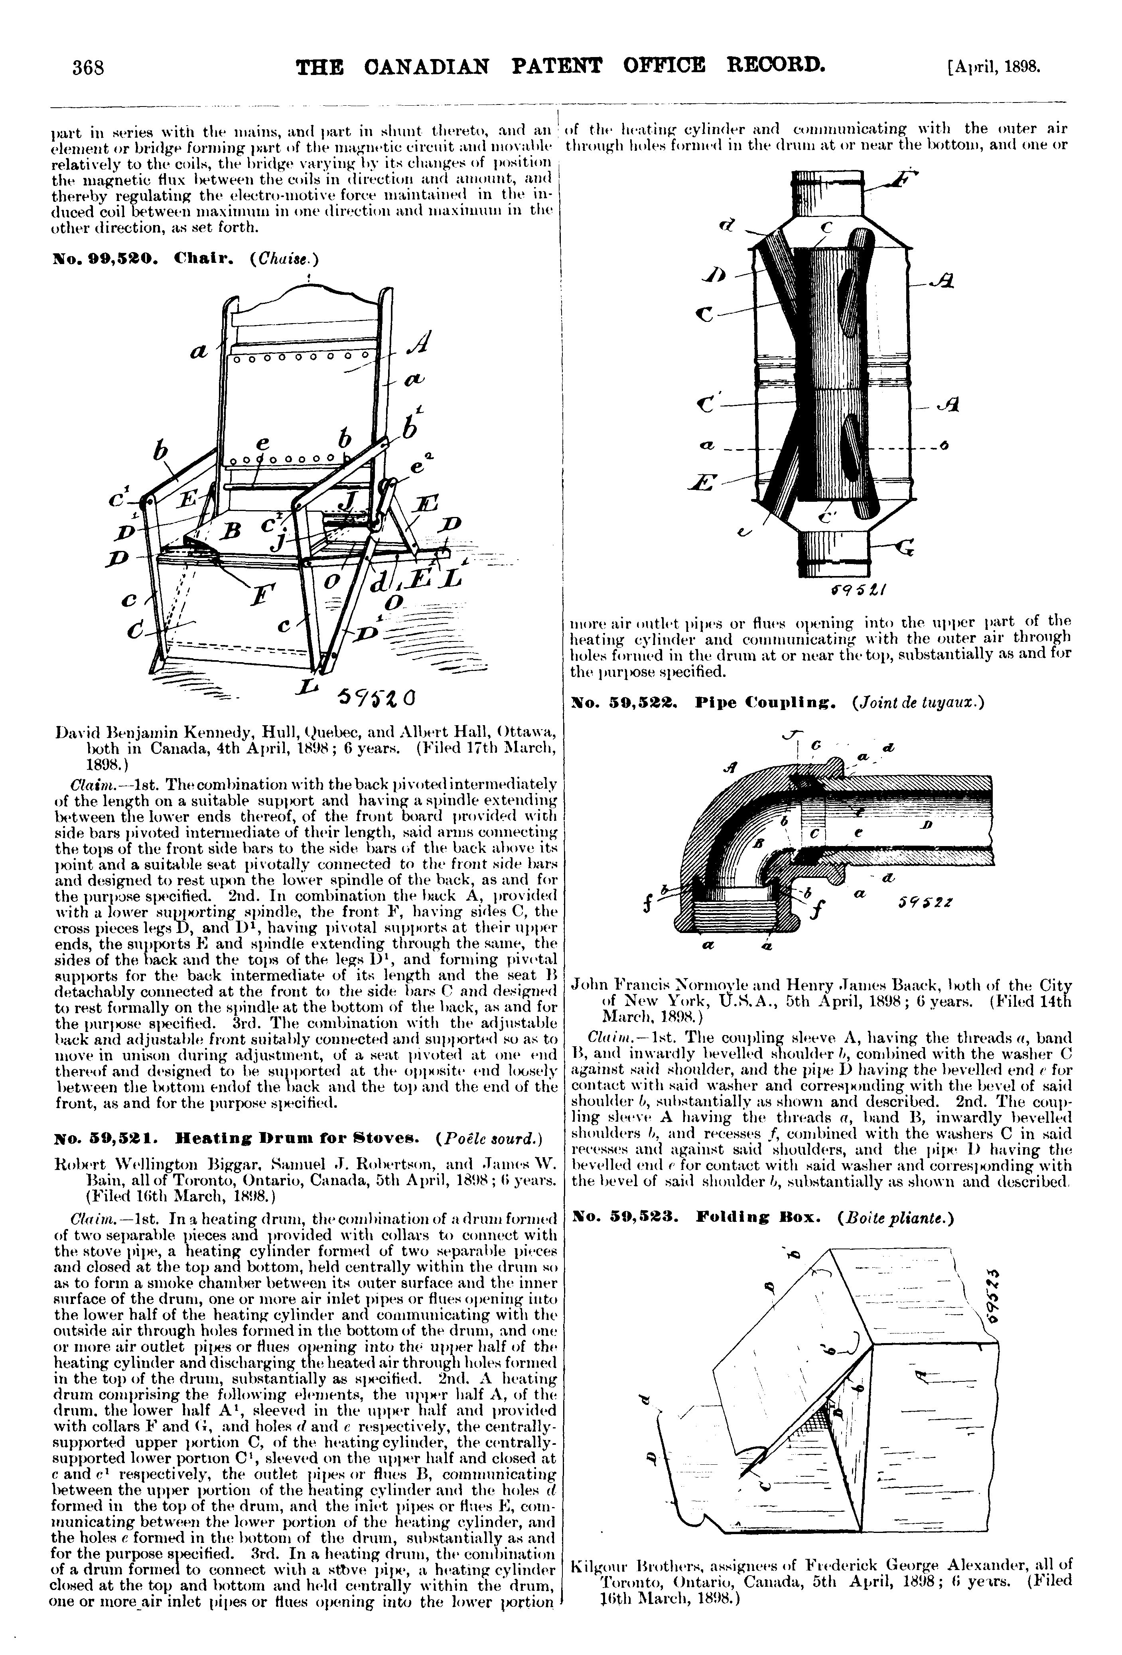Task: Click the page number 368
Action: coord(88,68)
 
